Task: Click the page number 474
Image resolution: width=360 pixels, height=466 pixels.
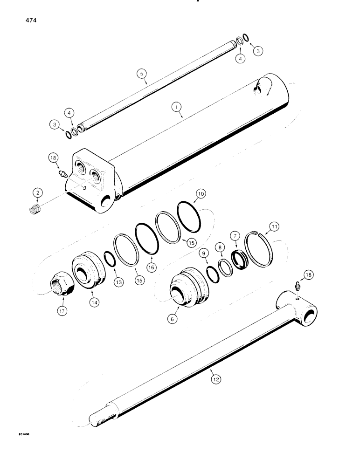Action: (x=23, y=21)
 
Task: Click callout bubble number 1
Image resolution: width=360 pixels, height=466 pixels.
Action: (x=176, y=107)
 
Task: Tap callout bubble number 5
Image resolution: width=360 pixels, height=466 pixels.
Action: (x=141, y=73)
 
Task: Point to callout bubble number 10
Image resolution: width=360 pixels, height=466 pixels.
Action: (x=188, y=193)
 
